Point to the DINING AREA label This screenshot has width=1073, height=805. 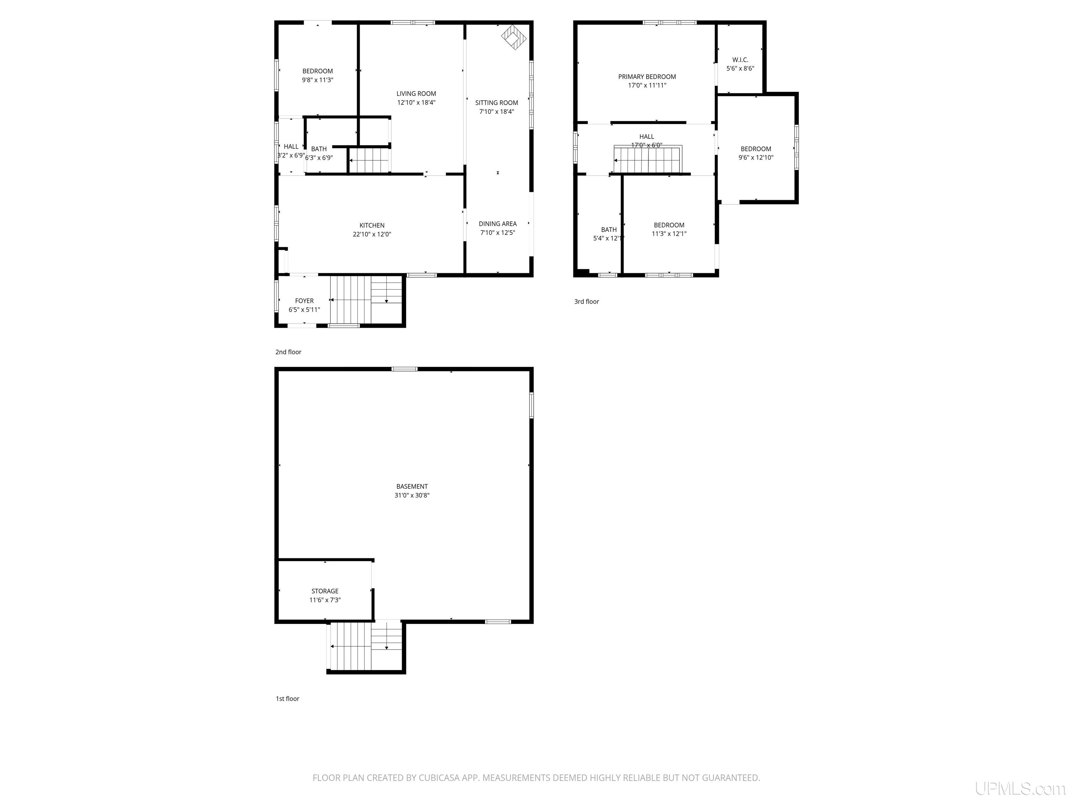pos(497,224)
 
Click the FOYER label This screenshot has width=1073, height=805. pos(304,301)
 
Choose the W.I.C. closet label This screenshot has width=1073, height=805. pos(740,60)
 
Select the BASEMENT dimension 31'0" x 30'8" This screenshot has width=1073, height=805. pos(412,495)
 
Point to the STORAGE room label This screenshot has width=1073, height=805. pos(324,591)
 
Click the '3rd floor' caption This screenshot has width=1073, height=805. pos(586,301)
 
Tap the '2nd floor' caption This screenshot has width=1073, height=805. pos(288,352)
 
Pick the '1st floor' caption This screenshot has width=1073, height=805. pos(287,699)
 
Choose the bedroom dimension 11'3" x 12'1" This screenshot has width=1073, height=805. pos(669,234)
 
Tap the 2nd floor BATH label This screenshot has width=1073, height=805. pos(319,149)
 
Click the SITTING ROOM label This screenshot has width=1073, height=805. pos(496,103)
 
